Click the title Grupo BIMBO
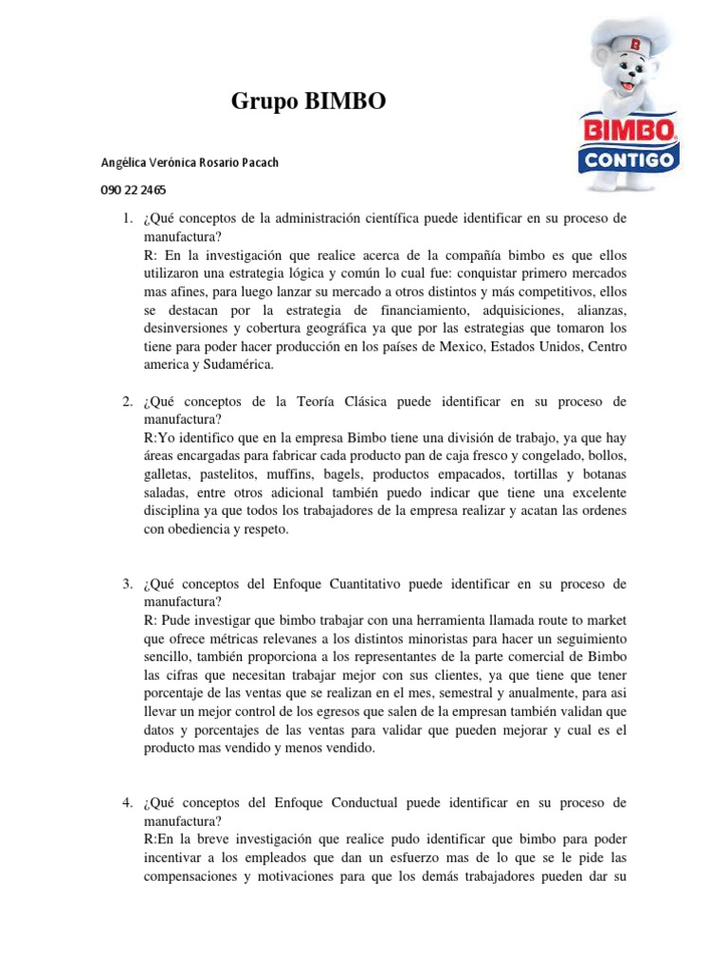pos(309,102)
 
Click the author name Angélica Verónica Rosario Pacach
pos(190,162)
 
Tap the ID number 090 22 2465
pos(133,189)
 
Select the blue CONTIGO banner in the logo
pos(628,159)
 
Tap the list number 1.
pos(126,219)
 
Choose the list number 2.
pos(126,402)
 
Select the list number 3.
pos(126,585)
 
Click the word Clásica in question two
pos(364,402)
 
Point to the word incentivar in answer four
pos(177,858)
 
